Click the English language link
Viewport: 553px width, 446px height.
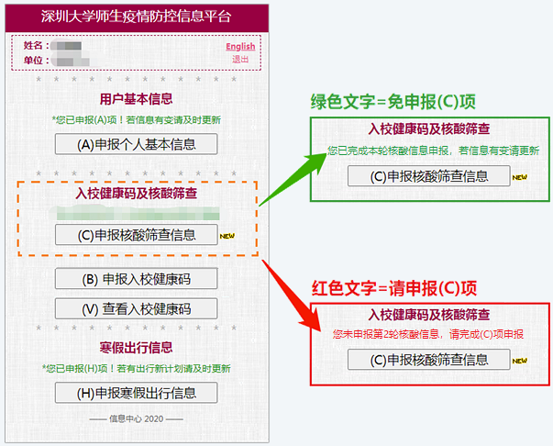240,47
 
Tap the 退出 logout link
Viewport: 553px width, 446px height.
240,60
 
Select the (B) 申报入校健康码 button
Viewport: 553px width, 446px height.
136,279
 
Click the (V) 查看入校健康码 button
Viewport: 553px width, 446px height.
136,309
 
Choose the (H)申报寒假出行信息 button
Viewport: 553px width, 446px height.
136,393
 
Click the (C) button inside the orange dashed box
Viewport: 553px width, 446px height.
136,235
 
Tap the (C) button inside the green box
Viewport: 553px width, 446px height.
428,177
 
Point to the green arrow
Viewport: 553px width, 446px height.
293,175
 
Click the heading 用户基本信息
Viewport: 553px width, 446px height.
136,99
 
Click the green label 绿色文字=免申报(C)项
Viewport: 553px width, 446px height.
397,100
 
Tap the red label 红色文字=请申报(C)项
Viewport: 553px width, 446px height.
397,286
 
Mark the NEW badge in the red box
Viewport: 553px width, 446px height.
520,362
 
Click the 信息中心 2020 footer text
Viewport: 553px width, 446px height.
136,419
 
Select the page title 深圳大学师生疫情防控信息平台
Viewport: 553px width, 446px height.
136,17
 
